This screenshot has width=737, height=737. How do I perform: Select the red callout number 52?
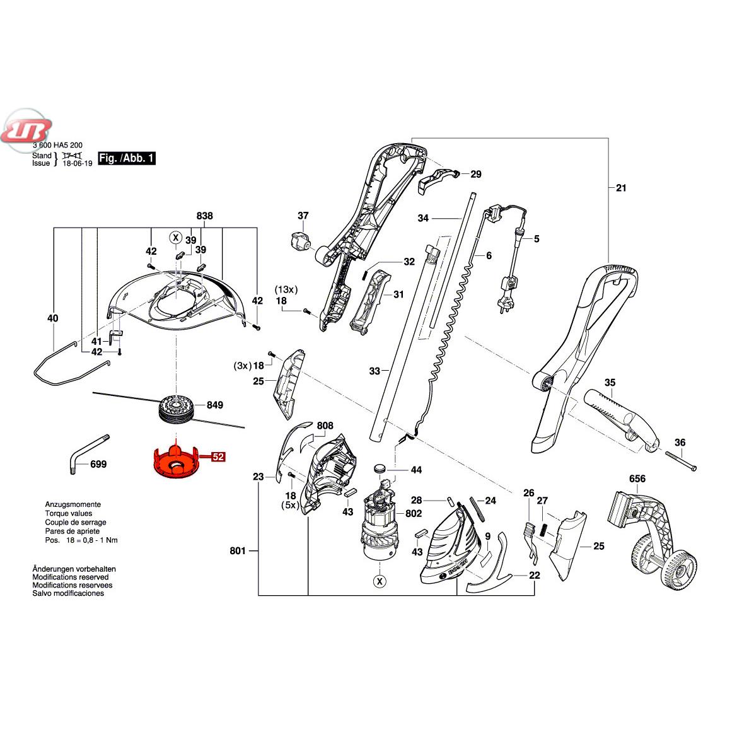218,457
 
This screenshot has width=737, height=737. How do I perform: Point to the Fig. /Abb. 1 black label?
126,158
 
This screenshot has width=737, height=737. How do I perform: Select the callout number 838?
205,216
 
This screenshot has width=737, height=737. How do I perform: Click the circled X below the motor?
379,581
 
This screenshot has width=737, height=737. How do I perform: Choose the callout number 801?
238,551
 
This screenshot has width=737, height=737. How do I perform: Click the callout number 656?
637,479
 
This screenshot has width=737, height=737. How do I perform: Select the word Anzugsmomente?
73,504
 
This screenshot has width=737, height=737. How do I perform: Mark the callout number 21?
622,187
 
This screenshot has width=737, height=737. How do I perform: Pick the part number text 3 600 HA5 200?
57,145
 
